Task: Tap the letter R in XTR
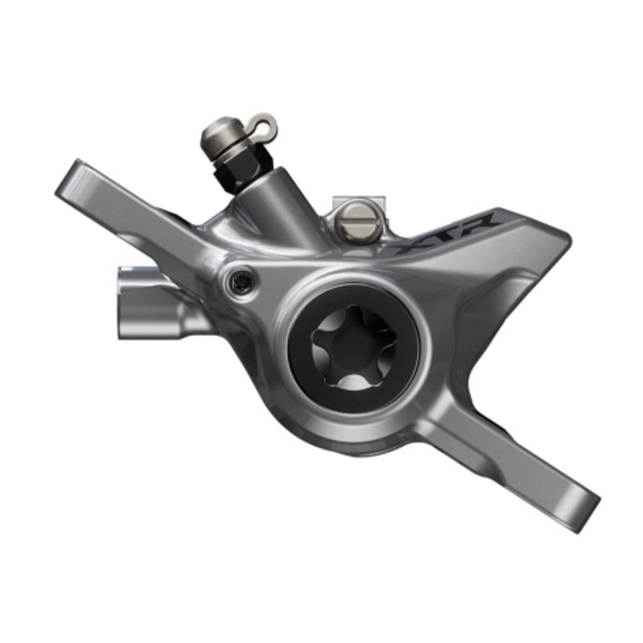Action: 478,225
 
